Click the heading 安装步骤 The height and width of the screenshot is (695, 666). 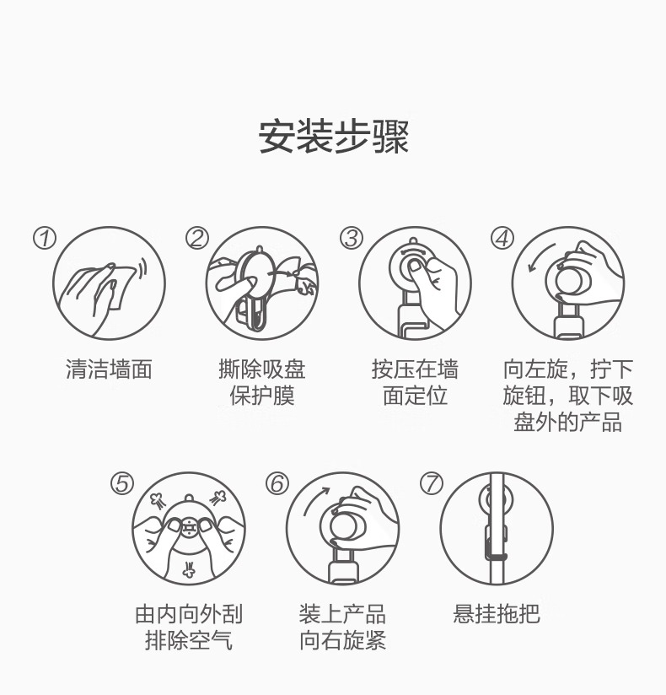pyautogui.click(x=333, y=136)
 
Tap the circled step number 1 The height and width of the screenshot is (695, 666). pyautogui.click(x=45, y=239)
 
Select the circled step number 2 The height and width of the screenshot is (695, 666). pyautogui.click(x=197, y=239)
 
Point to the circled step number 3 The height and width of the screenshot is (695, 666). pyautogui.click(x=352, y=239)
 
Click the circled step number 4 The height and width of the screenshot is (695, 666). pyautogui.click(x=502, y=239)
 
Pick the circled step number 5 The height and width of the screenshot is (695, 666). pyautogui.click(x=122, y=483)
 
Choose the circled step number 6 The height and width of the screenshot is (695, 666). pyautogui.click(x=277, y=483)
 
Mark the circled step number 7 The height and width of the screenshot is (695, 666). pyautogui.click(x=432, y=483)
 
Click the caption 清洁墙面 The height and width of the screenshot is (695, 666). pyautogui.click(x=109, y=369)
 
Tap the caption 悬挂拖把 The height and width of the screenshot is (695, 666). pyautogui.click(x=497, y=614)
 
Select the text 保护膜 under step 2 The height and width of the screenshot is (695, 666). pyautogui.click(x=262, y=396)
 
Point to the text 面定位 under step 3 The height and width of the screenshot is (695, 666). pyautogui.click(x=416, y=396)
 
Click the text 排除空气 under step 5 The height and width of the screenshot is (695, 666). pyautogui.click(x=189, y=640)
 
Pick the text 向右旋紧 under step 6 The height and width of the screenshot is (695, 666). pyautogui.click(x=342, y=640)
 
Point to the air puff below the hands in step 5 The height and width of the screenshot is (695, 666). pyautogui.click(x=189, y=569)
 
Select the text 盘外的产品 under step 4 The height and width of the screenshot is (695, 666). pyautogui.click(x=568, y=422)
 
